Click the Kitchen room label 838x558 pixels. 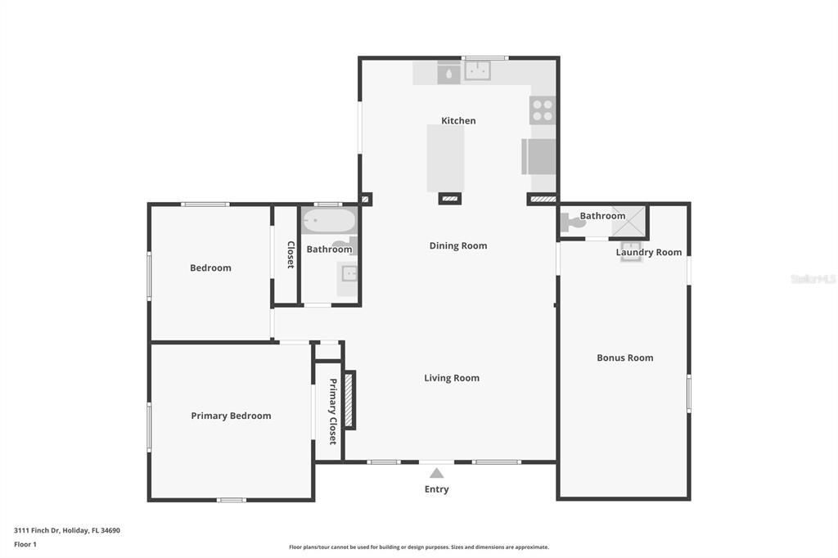(x=458, y=120)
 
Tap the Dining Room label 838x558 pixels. (x=458, y=245)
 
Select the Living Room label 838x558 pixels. (x=452, y=378)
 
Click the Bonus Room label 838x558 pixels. (x=624, y=358)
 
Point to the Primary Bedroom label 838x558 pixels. (x=231, y=416)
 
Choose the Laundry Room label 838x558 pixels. (x=648, y=252)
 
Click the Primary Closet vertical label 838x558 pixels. (x=333, y=412)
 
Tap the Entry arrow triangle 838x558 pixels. (x=437, y=473)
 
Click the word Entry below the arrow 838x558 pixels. (x=437, y=489)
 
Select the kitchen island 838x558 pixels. (x=446, y=158)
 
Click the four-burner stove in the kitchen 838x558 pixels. (x=543, y=110)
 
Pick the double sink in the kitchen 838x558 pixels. (x=477, y=72)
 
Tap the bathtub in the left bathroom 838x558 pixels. (x=328, y=221)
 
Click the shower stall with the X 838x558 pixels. (x=629, y=221)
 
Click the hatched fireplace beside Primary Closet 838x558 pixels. (x=349, y=399)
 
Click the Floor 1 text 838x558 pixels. (x=25, y=544)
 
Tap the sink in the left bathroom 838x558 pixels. (x=349, y=273)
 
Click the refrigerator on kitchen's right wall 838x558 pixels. (x=539, y=156)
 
